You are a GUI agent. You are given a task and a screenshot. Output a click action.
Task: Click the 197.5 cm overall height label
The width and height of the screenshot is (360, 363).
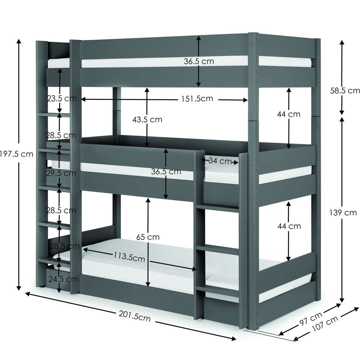16,154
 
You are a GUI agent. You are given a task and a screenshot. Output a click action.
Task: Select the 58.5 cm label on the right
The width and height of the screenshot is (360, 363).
345,90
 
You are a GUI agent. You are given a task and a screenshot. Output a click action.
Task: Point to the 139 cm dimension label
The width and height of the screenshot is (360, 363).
343,213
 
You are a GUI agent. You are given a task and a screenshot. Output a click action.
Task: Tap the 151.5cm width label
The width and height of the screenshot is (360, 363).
197,99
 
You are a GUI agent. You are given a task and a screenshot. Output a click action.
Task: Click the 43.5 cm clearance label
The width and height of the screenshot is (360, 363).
147,119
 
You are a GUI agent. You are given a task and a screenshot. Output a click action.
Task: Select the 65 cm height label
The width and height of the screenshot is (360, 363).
148,237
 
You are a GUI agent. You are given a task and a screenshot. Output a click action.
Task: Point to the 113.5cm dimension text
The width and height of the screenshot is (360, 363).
129,257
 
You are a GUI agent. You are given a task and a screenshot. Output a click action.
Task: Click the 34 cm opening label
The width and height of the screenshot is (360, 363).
220,161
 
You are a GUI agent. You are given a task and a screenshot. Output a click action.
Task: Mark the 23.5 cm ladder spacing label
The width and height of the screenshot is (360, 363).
62,99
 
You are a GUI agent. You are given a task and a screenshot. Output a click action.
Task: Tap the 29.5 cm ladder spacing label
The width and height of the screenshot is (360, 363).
61,173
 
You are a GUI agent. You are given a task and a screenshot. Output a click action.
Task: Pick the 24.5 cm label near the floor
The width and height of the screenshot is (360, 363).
63,279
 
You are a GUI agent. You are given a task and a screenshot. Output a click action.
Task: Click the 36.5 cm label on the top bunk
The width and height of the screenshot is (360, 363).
199,61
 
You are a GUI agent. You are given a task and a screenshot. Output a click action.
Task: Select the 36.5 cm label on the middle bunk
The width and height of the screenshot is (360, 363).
166,172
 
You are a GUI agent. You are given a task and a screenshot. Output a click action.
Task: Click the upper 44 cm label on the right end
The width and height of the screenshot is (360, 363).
289,114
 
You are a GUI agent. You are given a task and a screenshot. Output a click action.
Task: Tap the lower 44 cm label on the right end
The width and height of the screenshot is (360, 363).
289,226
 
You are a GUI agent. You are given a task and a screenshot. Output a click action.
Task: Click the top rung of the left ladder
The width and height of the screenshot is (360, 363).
54,115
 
